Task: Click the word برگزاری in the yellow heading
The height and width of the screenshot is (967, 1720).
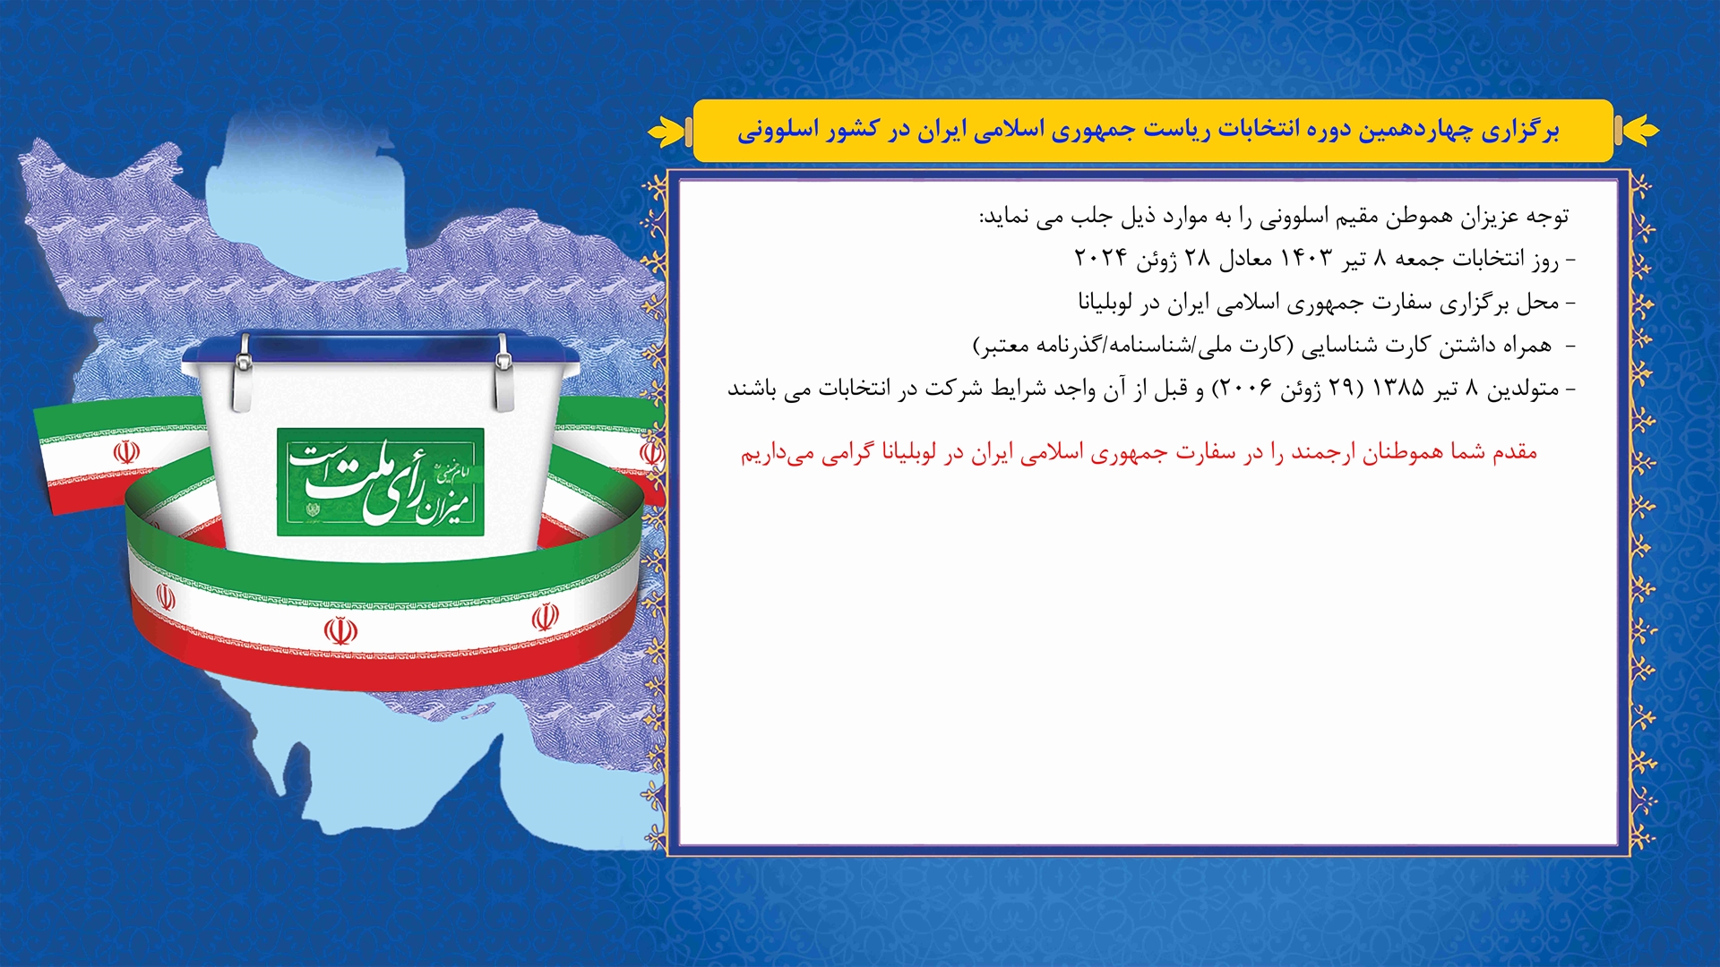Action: click(1520, 131)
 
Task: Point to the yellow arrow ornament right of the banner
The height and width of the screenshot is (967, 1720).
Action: click(1639, 131)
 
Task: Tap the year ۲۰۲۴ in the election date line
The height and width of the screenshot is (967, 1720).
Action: click(1100, 259)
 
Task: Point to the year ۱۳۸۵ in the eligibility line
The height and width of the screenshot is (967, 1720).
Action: click(1398, 389)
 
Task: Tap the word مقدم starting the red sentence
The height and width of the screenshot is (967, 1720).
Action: click(1515, 452)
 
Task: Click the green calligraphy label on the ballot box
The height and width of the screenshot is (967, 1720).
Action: click(381, 482)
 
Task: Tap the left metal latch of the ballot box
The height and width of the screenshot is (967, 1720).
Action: click(243, 372)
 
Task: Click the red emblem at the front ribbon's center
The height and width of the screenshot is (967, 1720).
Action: click(340, 631)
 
